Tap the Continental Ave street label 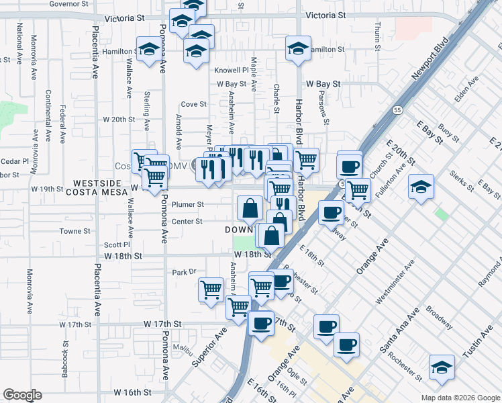[48, 116]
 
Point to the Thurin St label [378, 37]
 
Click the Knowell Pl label [231, 70]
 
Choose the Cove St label [193, 104]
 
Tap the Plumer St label [188, 204]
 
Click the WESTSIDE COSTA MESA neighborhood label [97, 187]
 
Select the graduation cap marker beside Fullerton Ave [421, 187]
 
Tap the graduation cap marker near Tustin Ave [442, 367]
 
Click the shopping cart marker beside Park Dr [211, 289]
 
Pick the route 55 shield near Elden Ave [398, 109]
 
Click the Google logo [23, 395]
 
